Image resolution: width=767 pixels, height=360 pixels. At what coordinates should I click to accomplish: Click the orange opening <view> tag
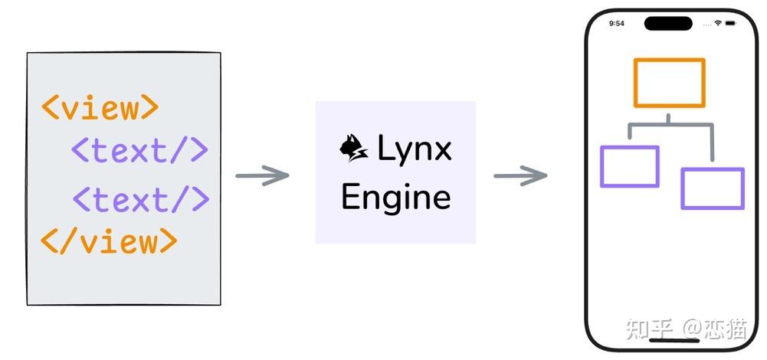[100, 107]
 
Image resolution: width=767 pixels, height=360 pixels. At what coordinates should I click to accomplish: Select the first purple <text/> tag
[139, 150]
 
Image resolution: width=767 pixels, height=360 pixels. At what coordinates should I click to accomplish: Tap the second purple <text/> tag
[141, 199]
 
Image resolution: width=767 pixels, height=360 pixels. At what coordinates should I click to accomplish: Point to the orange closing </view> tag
[109, 241]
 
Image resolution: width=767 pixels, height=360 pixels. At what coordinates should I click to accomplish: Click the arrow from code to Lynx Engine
[262, 175]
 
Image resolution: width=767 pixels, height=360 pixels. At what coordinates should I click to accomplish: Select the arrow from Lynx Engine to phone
[520, 176]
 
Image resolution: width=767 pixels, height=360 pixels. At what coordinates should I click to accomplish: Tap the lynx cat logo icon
[354, 148]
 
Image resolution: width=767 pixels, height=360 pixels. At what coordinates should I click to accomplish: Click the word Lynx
[415, 149]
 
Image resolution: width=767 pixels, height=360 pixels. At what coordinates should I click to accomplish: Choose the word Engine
[395, 197]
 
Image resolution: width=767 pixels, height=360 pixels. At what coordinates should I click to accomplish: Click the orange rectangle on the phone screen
[669, 83]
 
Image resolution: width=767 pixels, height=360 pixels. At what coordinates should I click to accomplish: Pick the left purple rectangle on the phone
[629, 166]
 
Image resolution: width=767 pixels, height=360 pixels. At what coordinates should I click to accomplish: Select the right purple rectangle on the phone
[712, 188]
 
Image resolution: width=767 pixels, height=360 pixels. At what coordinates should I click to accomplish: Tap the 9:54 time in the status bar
[616, 24]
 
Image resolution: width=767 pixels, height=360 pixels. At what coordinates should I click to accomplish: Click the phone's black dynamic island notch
[668, 23]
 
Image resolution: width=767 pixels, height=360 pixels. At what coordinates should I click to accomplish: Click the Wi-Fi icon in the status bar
[718, 24]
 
